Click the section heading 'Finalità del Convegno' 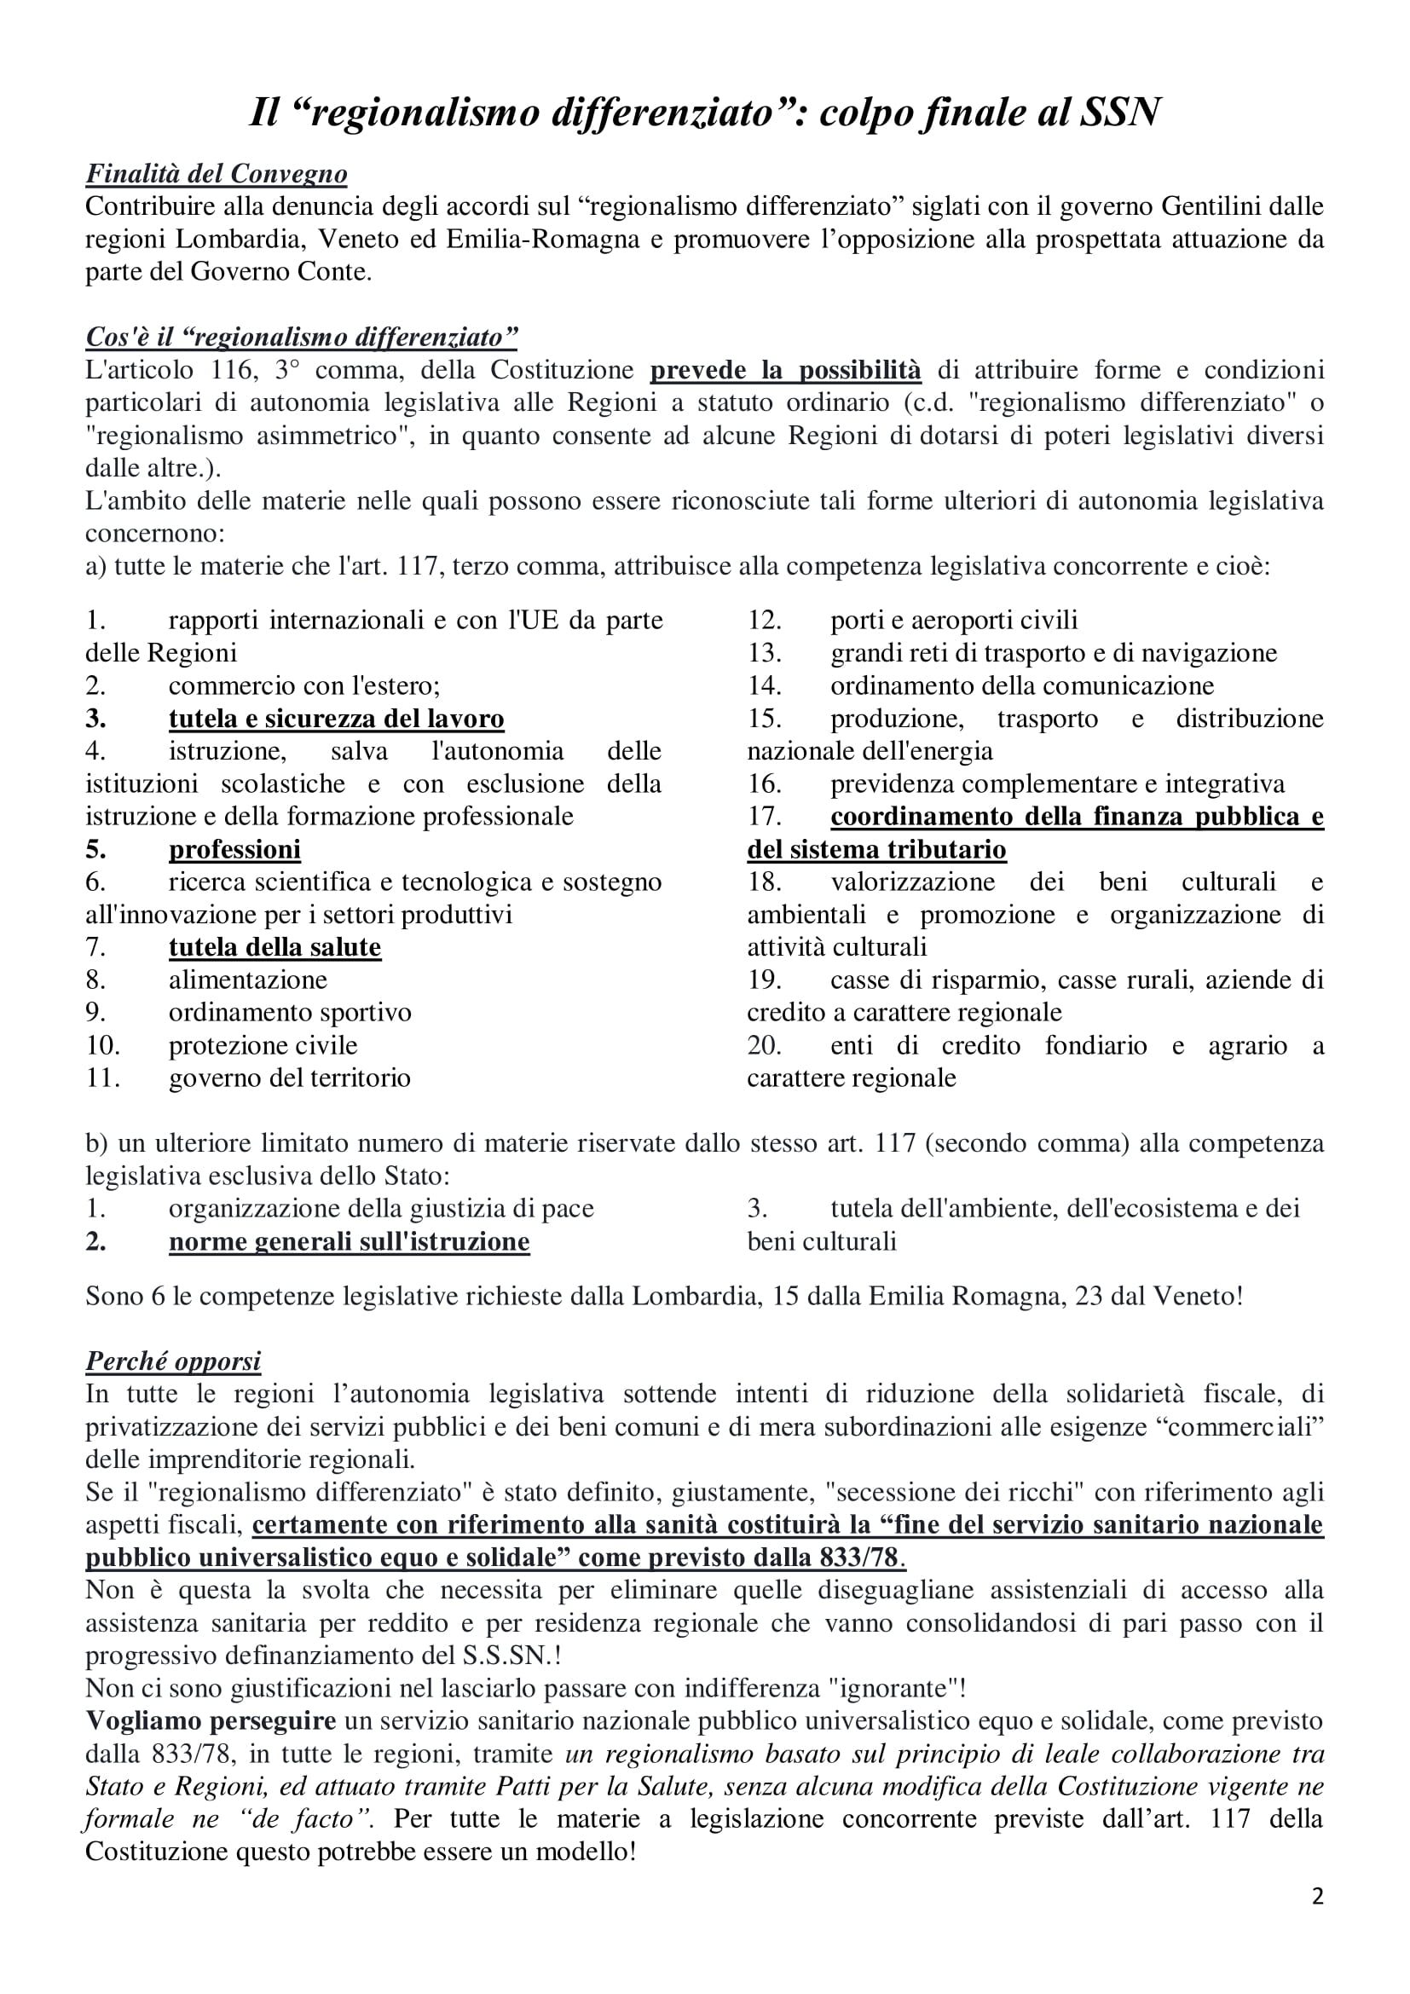pyautogui.click(x=217, y=175)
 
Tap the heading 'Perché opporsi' pyautogui.click(x=173, y=1361)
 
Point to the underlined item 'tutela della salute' pyautogui.click(x=274, y=946)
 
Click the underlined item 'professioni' pyautogui.click(x=234, y=848)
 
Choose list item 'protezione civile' pyautogui.click(x=263, y=1045)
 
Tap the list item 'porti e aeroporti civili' pyautogui.click(x=953, y=620)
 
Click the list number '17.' pyautogui.click(x=764, y=817)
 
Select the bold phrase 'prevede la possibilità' pyautogui.click(x=785, y=370)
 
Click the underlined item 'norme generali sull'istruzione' pyautogui.click(x=349, y=1241)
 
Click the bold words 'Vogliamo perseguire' pyautogui.click(x=210, y=1720)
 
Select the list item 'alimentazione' pyautogui.click(x=247, y=980)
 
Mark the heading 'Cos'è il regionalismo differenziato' pyautogui.click(x=301, y=337)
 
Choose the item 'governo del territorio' pyautogui.click(x=289, y=1078)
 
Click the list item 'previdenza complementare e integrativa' pyautogui.click(x=1056, y=783)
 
